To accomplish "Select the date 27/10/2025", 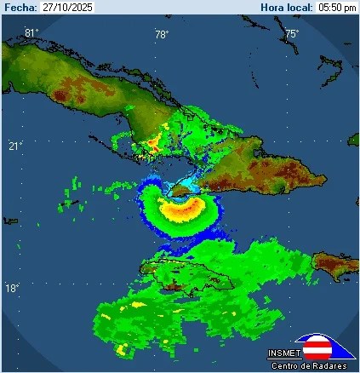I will pos(67,7).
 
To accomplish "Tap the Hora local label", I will pos(287,7).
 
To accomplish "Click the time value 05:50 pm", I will pos(337,7).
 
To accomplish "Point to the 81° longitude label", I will pos(31,33).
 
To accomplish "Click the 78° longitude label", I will pos(162,34).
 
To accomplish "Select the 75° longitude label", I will pos(291,34).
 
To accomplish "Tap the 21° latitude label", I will pos(15,146).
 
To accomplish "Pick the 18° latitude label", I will pos(13,289).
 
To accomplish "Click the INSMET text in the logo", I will pos(283,353).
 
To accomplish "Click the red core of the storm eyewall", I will pos(182,205).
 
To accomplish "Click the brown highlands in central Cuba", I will pos(94,86).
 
